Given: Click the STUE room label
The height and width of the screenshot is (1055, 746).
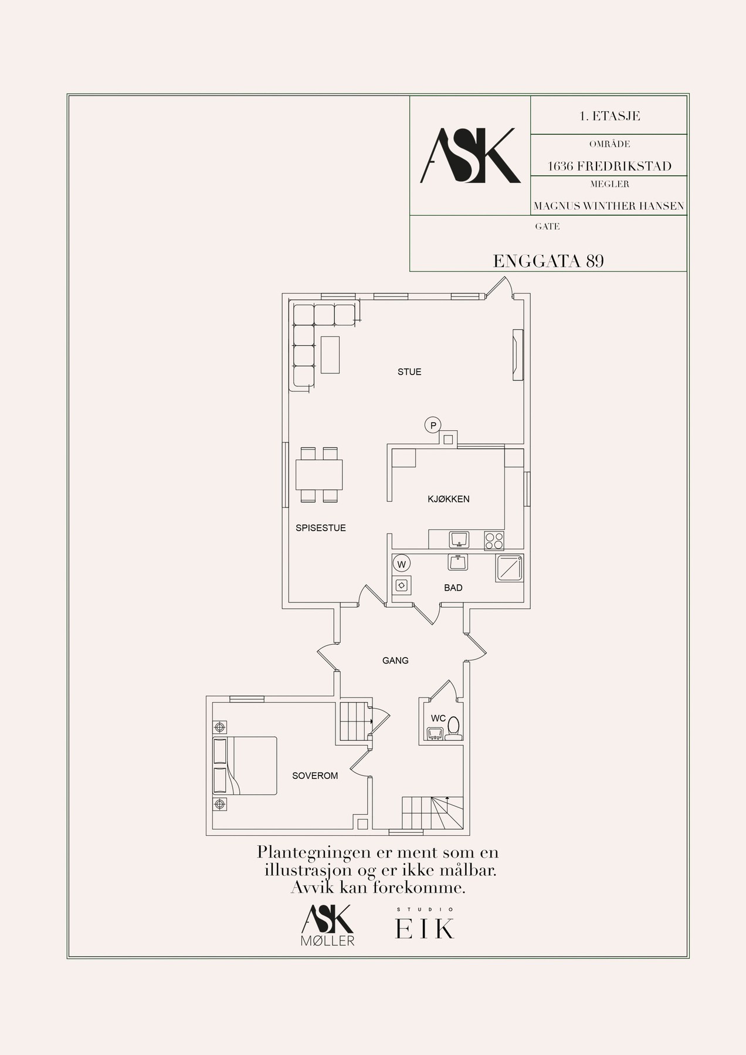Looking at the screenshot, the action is point(409,372).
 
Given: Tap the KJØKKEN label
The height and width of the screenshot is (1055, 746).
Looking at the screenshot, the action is point(449,499).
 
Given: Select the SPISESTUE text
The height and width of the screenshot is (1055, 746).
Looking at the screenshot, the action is point(321,528).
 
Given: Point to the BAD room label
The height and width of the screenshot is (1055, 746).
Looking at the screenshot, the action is point(453,588).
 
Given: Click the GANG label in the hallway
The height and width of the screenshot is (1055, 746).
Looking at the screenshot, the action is point(395,661).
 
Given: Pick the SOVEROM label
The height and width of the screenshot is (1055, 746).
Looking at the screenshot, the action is point(315,776).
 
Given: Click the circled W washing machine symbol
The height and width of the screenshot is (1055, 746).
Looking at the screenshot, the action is point(402,564).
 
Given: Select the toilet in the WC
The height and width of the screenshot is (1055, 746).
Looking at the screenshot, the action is point(453,729).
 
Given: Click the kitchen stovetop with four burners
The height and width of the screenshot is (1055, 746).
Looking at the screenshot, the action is point(494,540).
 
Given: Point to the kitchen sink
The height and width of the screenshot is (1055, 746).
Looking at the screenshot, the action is point(459,539).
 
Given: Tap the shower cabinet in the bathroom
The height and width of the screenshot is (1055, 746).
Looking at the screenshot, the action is point(509,569).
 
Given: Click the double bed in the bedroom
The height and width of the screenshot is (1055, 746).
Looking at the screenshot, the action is point(245,765).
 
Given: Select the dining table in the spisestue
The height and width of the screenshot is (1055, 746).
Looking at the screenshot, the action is point(320,475).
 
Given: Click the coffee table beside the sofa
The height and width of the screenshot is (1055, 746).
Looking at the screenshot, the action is point(330,354).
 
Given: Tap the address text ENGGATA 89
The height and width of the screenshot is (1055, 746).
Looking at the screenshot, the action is point(548,261).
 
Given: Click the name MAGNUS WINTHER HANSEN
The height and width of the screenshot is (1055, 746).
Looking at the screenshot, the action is point(609,206).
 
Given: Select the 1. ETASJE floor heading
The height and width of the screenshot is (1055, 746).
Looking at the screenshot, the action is point(609,116).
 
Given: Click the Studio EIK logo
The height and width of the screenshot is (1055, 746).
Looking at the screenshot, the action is point(425,923).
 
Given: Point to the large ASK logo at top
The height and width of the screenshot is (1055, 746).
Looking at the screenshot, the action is point(470,155).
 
